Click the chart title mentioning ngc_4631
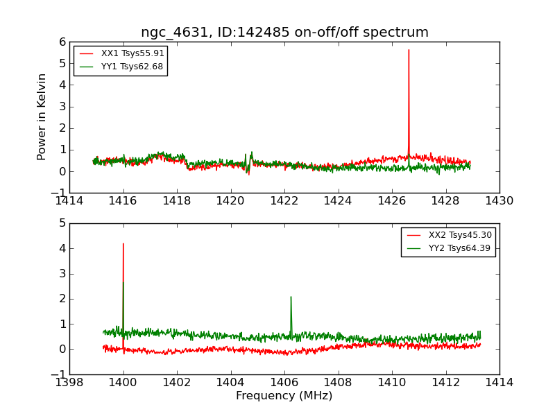click(x=284, y=33)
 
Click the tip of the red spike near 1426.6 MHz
click(x=409, y=50)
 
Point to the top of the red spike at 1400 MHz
click(x=123, y=243)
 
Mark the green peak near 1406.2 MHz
click(x=291, y=297)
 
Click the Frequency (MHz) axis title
click(x=284, y=396)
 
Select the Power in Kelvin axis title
click(x=42, y=116)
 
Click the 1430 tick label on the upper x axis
click(x=499, y=201)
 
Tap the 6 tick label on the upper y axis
click(x=62, y=42)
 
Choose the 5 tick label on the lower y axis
click(x=62, y=223)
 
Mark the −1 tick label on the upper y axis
click(x=58, y=193)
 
